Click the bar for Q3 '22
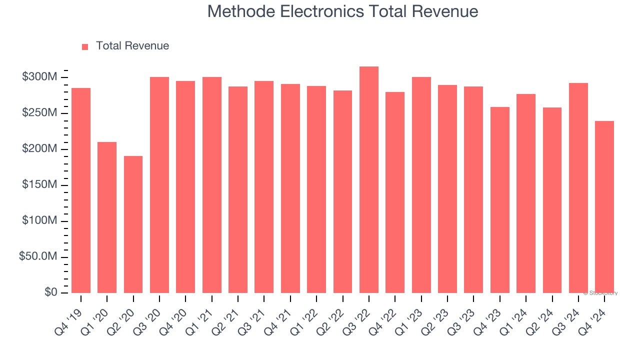point(369,180)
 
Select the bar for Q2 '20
point(133,224)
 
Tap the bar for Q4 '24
point(604,207)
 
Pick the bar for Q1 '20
point(107,217)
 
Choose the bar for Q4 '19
point(81,190)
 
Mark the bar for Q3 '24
point(578,188)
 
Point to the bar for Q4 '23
point(500,200)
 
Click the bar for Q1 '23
point(421,185)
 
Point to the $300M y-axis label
point(39,77)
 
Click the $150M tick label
point(39,185)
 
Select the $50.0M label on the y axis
point(38,256)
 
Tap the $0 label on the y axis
point(50,292)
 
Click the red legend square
point(85,46)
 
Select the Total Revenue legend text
point(132,46)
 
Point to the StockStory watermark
point(600,293)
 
